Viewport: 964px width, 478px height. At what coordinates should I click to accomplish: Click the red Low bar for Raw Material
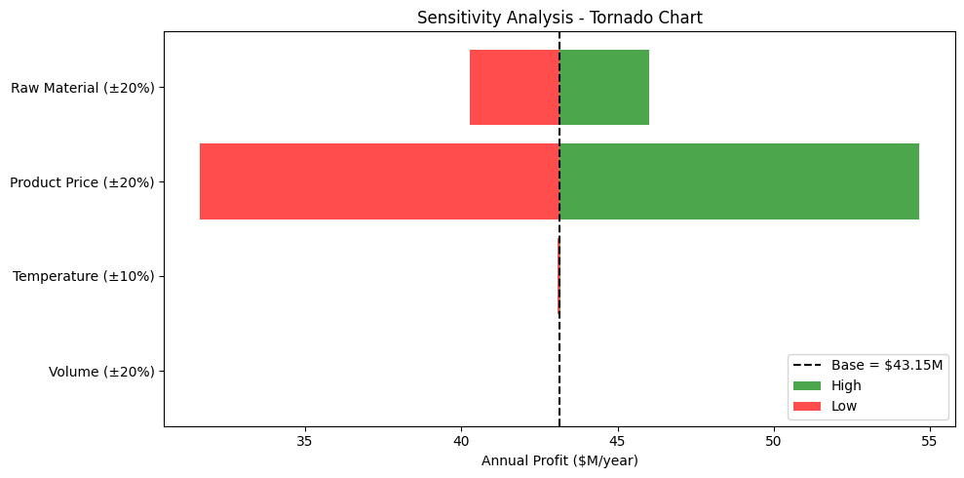(515, 88)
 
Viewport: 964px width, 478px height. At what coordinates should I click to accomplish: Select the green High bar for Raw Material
(604, 88)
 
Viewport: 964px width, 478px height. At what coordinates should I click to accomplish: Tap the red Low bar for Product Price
(379, 181)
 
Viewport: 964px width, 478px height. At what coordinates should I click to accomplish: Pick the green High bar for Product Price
(739, 181)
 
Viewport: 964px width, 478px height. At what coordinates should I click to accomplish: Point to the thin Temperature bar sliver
(559, 276)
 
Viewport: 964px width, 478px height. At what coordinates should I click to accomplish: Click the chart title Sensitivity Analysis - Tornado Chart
(559, 19)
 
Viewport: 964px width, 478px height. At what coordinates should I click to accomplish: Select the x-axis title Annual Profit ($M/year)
(559, 460)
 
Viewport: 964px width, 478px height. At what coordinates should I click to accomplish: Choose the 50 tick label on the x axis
(773, 441)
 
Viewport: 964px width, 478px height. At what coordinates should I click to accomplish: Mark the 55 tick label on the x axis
(930, 441)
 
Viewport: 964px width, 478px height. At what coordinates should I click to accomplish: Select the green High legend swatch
(807, 385)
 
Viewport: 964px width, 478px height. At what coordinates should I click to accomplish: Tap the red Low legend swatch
(807, 406)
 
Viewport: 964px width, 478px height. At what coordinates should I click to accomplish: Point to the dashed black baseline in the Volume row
(559, 371)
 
